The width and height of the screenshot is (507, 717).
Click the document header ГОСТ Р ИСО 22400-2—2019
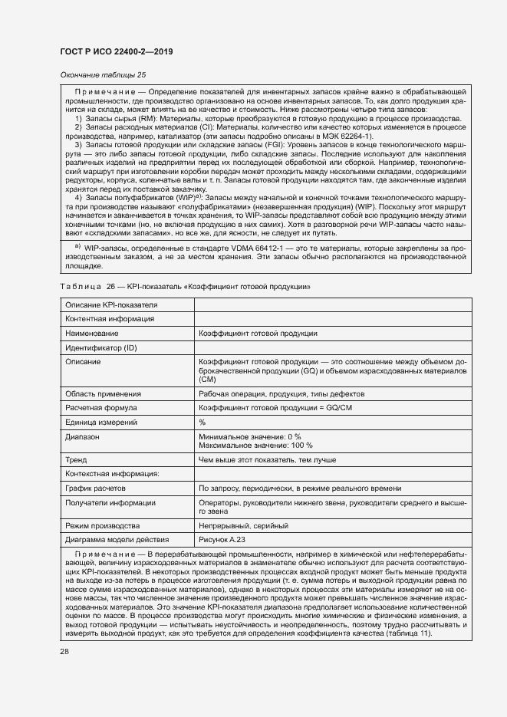tap(116, 51)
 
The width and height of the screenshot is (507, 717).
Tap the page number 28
tap(64, 652)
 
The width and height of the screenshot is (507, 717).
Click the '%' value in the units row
tap(202, 423)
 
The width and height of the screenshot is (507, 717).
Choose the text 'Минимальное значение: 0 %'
tap(249, 436)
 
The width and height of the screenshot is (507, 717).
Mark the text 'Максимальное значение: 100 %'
tap(255, 445)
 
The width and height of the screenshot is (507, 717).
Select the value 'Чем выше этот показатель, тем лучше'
tap(267, 459)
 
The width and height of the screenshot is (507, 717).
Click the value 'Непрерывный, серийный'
tap(243, 526)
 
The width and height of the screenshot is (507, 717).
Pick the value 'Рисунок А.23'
tap(224, 540)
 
